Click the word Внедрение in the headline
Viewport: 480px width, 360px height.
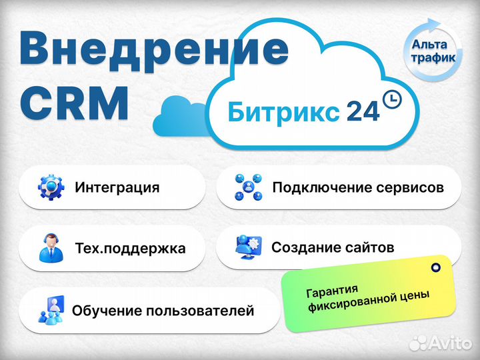coord(154,51)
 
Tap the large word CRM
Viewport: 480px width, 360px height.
coord(75,103)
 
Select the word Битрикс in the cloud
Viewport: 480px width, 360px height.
coord(283,111)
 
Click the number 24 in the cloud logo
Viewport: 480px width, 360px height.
coord(363,111)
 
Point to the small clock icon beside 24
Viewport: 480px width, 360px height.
coord(392,99)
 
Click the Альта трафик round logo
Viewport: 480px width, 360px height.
coord(433,51)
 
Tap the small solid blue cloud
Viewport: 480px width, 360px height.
coord(181,116)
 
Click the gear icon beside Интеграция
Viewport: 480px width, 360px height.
coord(51,187)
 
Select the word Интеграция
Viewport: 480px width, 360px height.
coord(117,187)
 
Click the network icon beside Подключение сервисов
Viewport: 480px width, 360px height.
coord(248,187)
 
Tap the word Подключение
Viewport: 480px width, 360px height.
coord(322,187)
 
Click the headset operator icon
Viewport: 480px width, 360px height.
coord(51,248)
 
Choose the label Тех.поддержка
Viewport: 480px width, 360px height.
coord(131,248)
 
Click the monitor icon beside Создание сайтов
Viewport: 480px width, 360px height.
coord(248,247)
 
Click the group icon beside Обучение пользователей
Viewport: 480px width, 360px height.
coord(51,309)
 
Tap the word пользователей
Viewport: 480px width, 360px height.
coord(200,311)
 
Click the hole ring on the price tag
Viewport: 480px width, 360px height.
coord(435,267)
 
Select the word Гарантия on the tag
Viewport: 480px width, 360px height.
coord(332,291)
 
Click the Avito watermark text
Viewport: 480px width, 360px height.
coord(441,343)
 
